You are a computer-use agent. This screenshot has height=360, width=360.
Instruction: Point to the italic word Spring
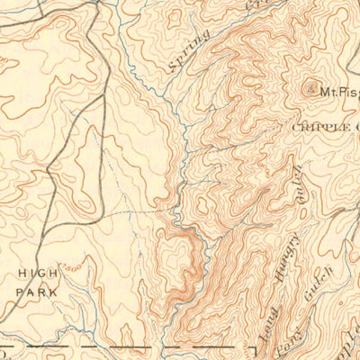pos(189,50)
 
